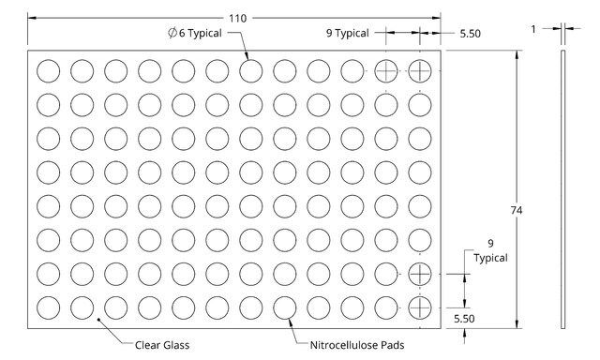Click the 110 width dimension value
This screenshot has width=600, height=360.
pos(237,19)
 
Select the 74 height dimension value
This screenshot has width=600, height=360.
pos(517,210)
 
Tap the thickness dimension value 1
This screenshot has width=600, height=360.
pos(533,29)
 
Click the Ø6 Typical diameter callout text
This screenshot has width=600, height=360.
pos(195,33)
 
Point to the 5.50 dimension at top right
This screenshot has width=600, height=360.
pos(470,34)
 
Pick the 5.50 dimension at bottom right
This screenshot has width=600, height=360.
pos(464,319)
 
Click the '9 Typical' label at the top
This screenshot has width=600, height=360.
pos(348,33)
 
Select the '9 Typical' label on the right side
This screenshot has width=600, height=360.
pos(490,250)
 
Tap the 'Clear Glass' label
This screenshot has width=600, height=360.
pos(162,345)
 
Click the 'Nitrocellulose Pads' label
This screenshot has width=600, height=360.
pos(357,345)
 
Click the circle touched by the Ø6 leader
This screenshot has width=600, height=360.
pos(251,60)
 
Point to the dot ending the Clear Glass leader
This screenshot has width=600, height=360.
pos(98,319)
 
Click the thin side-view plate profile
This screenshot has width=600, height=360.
pos(562,189)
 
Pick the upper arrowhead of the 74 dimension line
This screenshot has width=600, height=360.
pos(517,54)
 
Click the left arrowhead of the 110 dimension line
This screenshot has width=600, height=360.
pos(32,18)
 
